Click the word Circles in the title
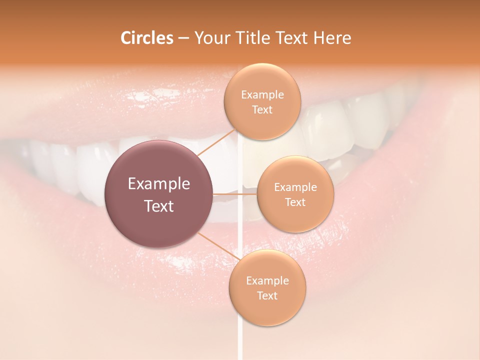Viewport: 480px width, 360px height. (146, 37)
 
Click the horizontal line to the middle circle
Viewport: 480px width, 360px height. (235, 193)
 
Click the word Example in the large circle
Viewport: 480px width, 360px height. (159, 184)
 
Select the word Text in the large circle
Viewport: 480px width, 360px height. (159, 206)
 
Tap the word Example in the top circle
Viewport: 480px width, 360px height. (262, 94)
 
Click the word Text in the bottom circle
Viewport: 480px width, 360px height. (267, 295)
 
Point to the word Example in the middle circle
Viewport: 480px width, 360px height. (295, 187)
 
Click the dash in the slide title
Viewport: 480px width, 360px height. (183, 38)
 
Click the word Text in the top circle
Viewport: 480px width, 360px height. (262, 109)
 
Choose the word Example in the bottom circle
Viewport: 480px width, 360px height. (267, 280)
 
